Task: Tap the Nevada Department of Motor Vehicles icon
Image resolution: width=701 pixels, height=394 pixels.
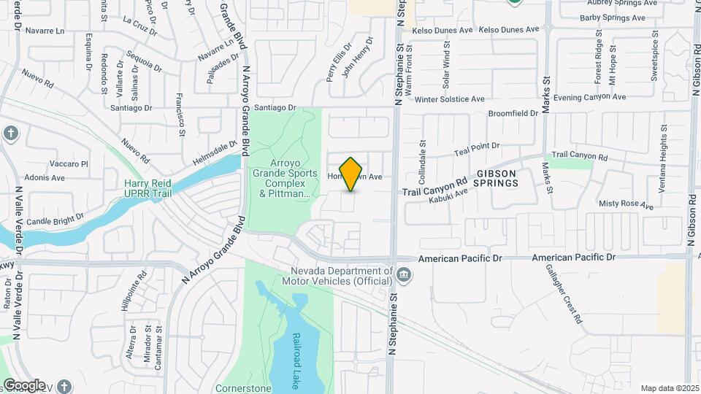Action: click(x=404, y=275)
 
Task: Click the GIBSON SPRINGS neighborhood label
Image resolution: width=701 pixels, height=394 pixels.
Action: click(x=497, y=178)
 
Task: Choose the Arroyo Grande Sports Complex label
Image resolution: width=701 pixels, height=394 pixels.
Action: click(x=285, y=178)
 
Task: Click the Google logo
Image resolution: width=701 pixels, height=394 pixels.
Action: click(x=24, y=385)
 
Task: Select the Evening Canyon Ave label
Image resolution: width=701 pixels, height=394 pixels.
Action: click(x=589, y=97)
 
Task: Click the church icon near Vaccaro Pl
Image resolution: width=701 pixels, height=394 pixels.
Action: click(x=9, y=134)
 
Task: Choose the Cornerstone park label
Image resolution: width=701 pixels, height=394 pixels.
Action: click(x=243, y=388)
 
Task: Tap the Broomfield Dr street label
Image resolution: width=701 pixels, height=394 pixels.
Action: click(x=513, y=114)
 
